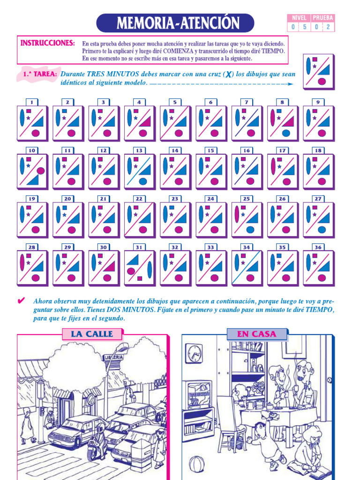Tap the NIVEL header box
tap(299, 18)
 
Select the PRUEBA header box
tap(323, 18)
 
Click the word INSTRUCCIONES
tap(47, 43)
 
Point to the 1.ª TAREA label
tap(40, 75)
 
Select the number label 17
tap(282, 150)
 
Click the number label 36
tap(318, 247)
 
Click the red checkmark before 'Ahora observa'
tap(21, 301)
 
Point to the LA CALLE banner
tap(92, 334)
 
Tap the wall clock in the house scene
tap(194, 353)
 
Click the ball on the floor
tap(197, 465)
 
